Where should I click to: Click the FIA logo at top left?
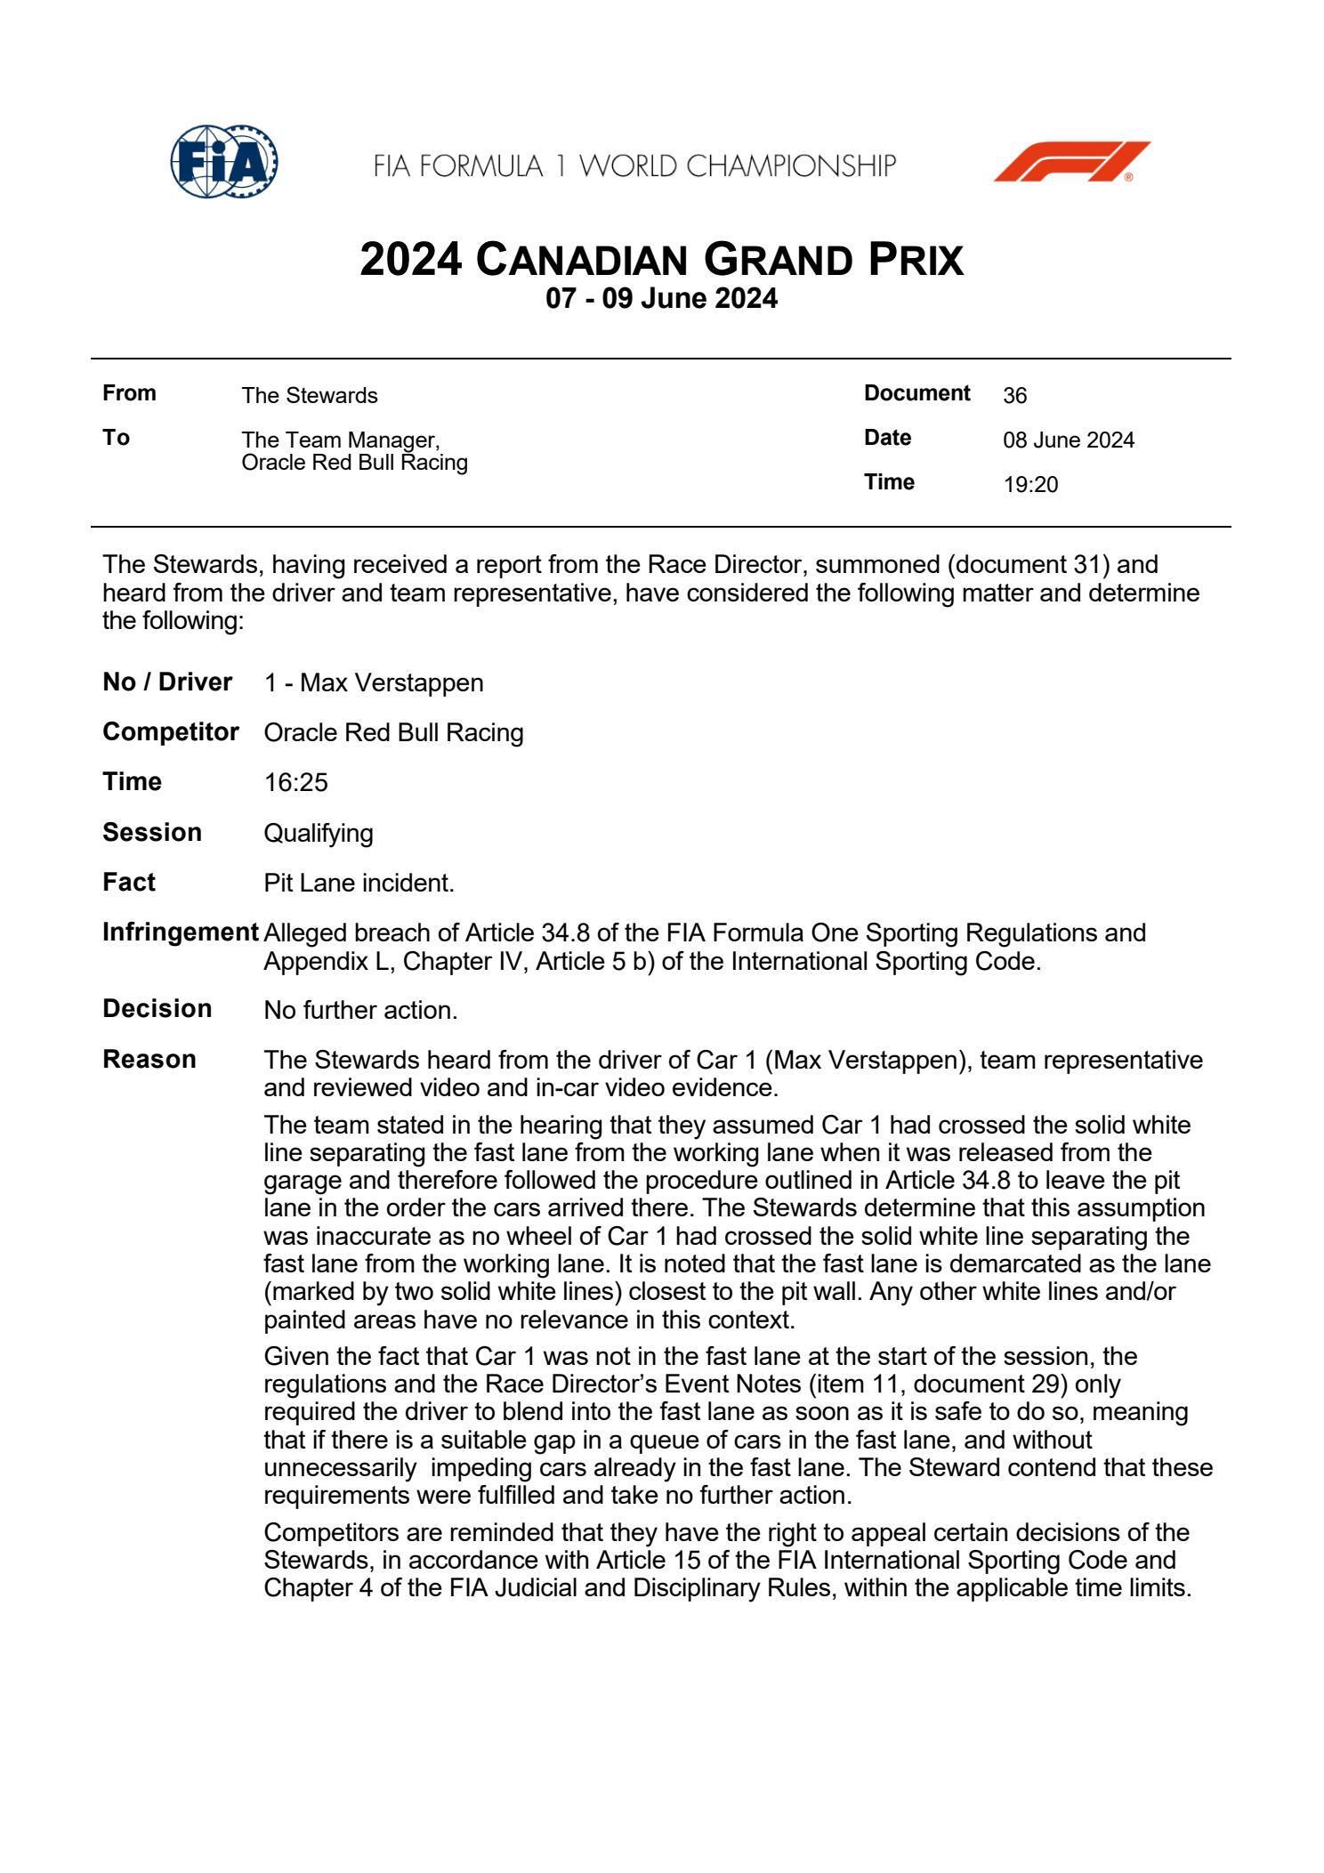click(223, 162)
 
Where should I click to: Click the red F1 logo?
click(1070, 162)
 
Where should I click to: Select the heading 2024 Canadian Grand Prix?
click(661, 261)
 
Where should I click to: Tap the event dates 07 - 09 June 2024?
click(661, 299)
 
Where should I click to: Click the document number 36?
click(1014, 396)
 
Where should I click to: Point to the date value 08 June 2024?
click(1069, 440)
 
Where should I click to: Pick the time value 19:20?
click(1030, 485)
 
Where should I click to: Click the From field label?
click(130, 393)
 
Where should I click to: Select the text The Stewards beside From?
click(310, 396)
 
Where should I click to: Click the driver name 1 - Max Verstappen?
click(374, 683)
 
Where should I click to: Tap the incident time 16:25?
click(296, 783)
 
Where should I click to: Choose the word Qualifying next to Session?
click(319, 834)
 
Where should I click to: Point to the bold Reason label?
click(149, 1060)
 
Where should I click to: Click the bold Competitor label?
click(171, 732)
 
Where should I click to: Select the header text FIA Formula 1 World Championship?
click(634, 166)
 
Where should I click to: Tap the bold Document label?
click(916, 393)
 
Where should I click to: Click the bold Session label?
click(152, 833)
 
